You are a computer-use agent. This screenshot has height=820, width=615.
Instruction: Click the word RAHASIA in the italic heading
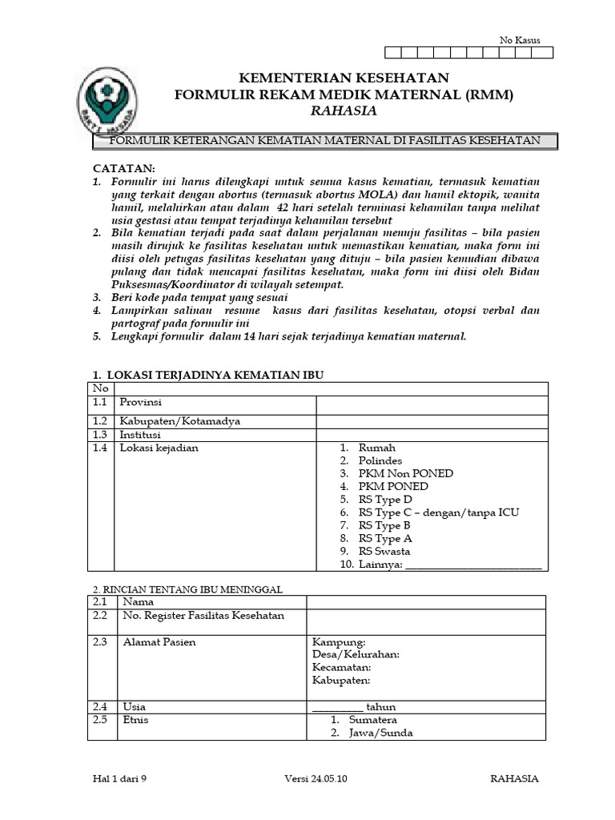coord(344,111)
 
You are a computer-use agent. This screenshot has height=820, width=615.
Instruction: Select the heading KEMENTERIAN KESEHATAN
coord(344,78)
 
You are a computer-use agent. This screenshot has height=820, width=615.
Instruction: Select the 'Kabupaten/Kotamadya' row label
coord(179,421)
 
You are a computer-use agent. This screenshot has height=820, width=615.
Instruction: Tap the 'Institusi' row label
coord(140,434)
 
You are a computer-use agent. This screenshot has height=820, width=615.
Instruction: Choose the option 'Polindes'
coord(380,461)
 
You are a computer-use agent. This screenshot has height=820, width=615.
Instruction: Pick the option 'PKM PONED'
coord(393,487)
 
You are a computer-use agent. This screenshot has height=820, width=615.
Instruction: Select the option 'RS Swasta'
coord(384,552)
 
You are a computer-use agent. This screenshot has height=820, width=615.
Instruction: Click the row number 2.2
coord(99,616)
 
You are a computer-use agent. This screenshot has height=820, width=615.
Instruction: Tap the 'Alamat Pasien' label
coord(159,642)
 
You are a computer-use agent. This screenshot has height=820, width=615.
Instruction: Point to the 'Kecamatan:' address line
coord(342,667)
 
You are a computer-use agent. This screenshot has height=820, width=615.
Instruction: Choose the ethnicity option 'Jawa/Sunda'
coord(381,733)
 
